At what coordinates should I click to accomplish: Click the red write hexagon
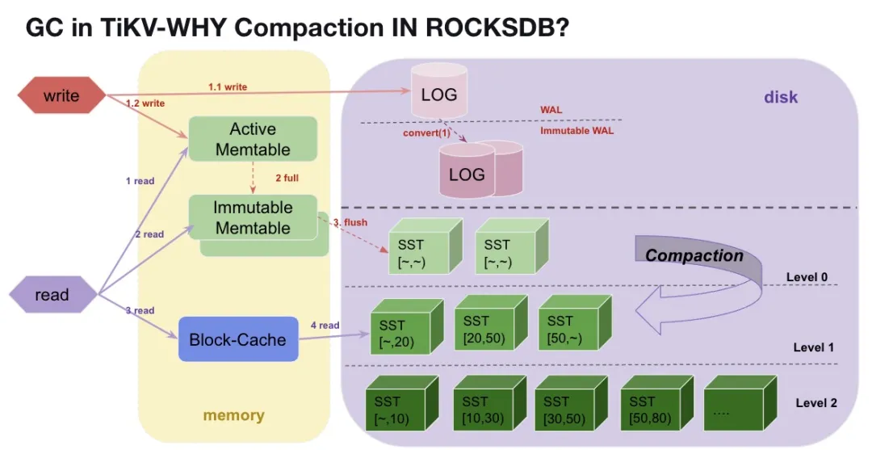[61, 96]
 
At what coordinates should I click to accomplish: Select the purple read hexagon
[52, 295]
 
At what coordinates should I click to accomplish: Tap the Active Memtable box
[253, 139]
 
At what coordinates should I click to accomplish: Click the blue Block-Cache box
[237, 339]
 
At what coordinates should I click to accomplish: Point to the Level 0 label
[807, 278]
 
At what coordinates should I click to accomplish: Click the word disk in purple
[781, 98]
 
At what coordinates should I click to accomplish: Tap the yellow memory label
[233, 416]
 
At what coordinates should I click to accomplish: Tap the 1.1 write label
[228, 86]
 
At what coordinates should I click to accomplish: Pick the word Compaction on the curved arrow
[694, 256]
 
